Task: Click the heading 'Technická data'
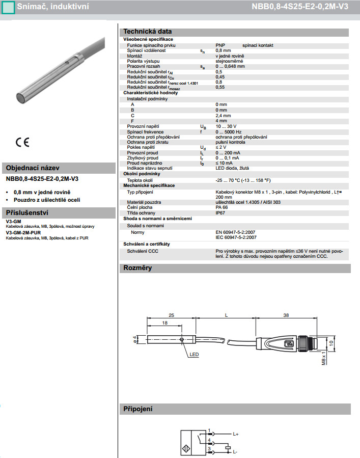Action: point(148,31)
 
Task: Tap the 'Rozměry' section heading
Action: point(138,268)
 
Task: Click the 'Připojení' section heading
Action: point(138,409)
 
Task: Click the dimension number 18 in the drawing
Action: point(164,323)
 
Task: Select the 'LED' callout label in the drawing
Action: point(195,355)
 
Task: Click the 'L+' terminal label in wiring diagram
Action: point(236,434)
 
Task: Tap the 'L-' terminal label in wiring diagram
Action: point(235,451)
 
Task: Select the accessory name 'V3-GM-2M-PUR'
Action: point(24,232)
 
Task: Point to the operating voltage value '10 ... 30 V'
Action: point(226,126)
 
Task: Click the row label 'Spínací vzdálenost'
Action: point(146,50)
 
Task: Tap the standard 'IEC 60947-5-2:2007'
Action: point(236,237)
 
